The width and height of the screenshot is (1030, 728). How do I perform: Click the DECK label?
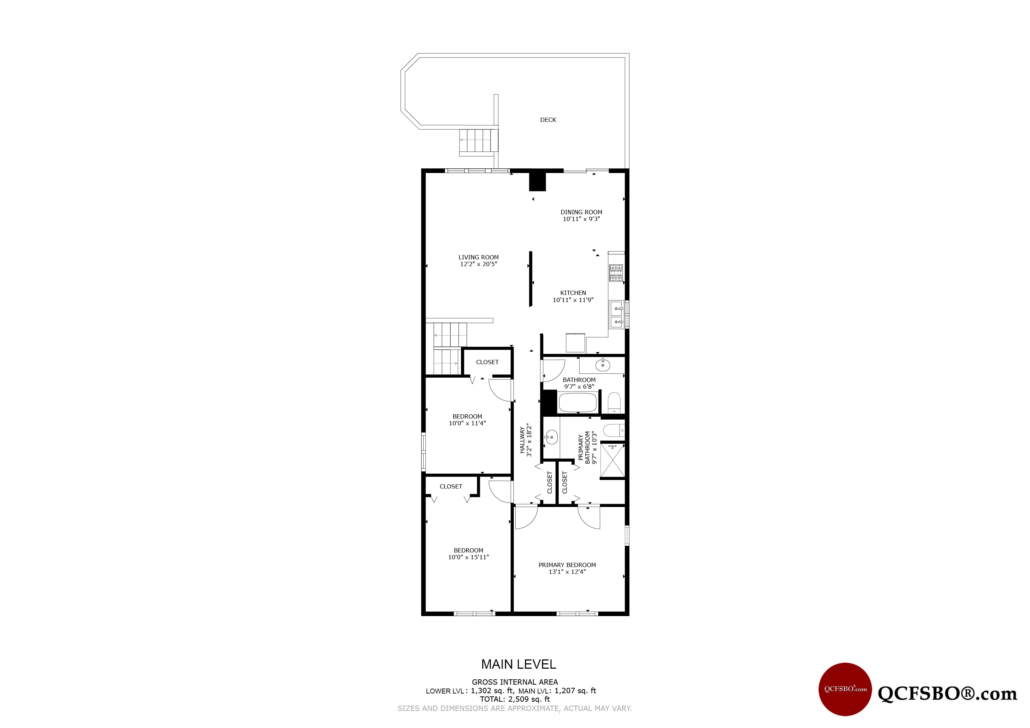coord(548,120)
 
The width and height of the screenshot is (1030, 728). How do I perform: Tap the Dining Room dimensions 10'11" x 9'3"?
coord(581,219)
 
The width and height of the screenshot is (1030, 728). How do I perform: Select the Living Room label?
coord(478,258)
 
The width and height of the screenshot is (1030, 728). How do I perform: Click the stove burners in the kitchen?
coord(616,273)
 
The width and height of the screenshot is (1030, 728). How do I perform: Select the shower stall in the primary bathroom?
coord(612,461)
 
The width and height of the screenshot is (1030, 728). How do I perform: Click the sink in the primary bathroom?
coord(551,437)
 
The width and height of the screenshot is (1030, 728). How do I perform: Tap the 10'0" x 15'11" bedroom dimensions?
coord(468,557)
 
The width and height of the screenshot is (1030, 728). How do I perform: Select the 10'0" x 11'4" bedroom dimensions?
coord(467,423)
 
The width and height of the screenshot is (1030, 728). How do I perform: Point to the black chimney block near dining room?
coord(537,182)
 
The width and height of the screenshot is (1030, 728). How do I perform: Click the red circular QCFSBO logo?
coord(845,689)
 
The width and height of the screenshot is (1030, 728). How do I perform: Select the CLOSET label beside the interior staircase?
coord(487,362)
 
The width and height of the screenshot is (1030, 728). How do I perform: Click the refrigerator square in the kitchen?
coord(575,343)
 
